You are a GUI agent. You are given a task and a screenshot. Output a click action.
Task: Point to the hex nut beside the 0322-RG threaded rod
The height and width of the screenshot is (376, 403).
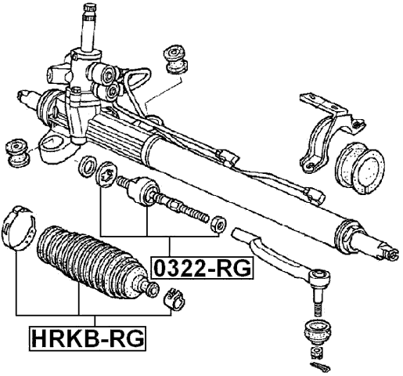218,225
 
